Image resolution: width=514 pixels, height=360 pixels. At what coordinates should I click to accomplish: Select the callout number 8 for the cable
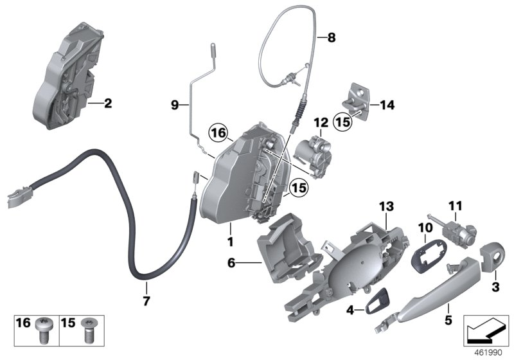click(x=332, y=37)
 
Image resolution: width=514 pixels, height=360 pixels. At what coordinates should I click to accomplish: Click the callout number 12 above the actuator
click(x=321, y=122)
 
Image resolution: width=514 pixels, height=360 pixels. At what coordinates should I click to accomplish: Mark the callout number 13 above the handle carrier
click(x=385, y=206)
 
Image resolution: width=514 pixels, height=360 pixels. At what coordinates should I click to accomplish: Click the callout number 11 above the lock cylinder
click(x=455, y=206)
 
